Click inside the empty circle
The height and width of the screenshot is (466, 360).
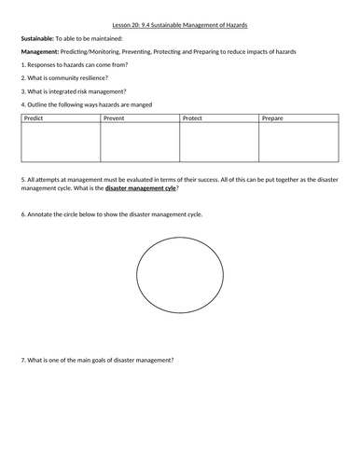(x=181, y=279)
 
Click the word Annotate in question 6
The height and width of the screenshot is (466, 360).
(x=40, y=214)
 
